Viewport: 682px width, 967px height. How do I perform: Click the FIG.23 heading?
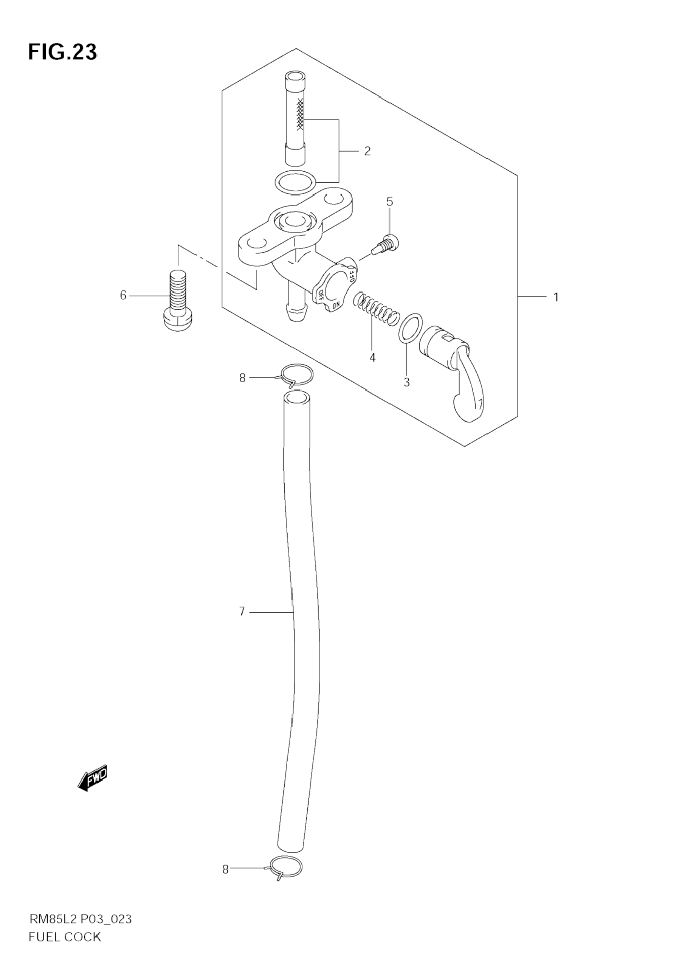(x=62, y=52)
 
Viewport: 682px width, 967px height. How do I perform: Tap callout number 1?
(x=556, y=297)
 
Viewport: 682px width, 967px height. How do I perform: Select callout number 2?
(x=367, y=151)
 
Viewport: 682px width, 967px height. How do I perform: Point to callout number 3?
(x=406, y=382)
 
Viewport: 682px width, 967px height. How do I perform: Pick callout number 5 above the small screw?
(x=389, y=202)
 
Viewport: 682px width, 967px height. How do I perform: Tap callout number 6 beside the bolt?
(x=123, y=296)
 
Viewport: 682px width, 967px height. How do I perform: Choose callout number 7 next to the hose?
(x=242, y=612)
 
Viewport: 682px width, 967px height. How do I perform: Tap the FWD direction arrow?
(x=93, y=775)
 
